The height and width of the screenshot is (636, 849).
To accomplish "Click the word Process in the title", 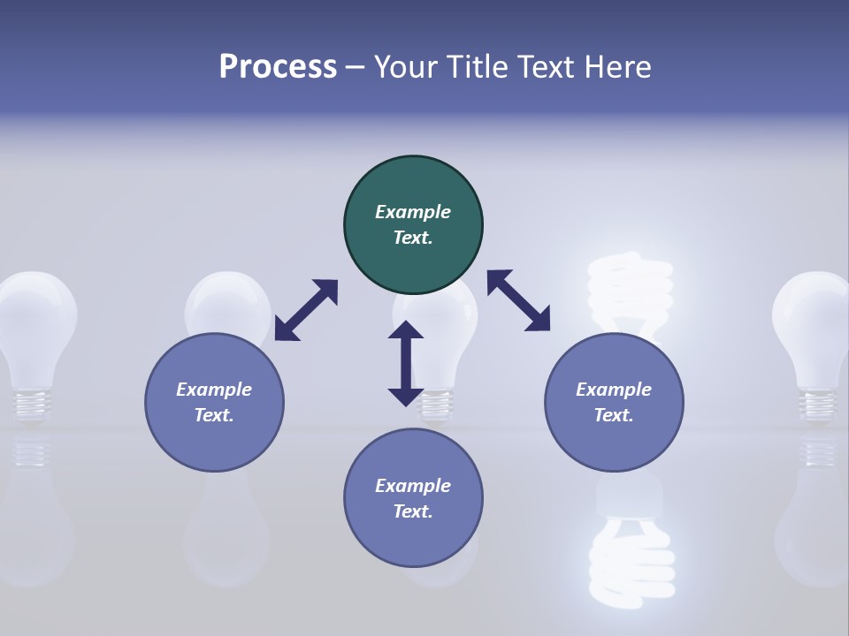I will (278, 67).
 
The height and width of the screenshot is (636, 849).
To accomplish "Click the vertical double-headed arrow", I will (406, 363).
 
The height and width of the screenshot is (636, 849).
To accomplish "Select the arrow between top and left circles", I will (306, 310).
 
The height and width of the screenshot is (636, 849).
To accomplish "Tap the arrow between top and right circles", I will (519, 300).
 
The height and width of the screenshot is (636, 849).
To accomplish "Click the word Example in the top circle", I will (413, 212).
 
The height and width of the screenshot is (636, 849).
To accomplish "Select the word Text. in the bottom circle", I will (413, 511).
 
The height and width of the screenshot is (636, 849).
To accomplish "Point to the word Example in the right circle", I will (614, 390).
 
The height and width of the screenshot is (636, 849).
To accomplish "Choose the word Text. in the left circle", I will (214, 415).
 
